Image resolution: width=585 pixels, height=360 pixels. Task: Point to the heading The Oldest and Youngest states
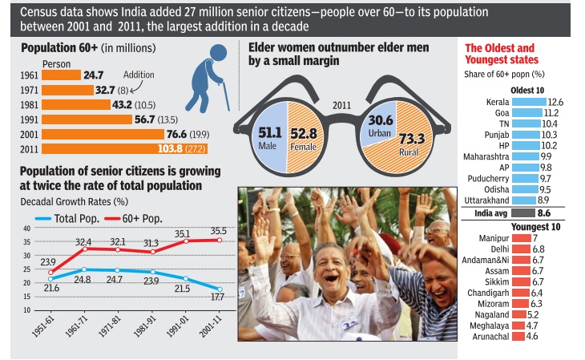tap(502, 55)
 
